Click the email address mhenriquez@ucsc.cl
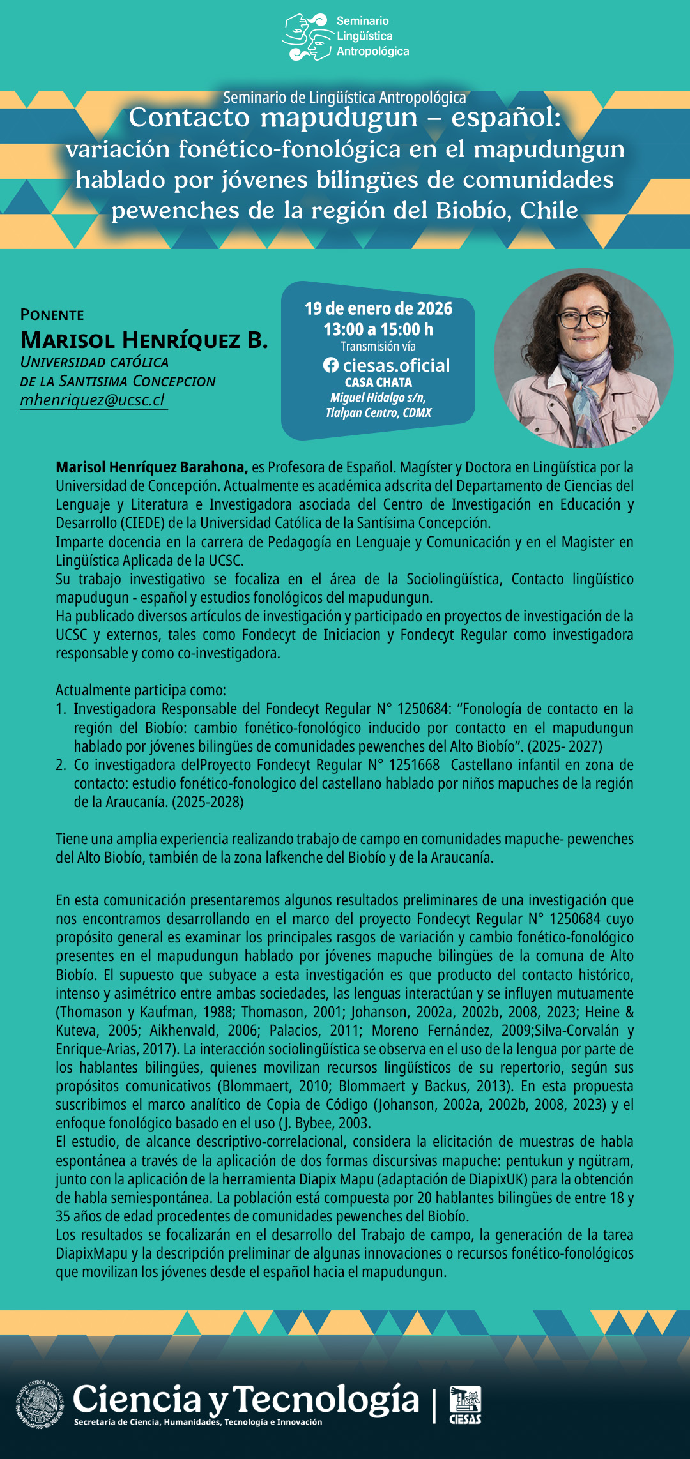coord(93,400)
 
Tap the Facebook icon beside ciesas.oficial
coord(330,365)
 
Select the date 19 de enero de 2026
coord(378,309)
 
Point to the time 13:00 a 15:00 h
coord(378,329)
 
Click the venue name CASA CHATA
coord(378,382)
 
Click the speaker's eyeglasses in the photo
coord(584,317)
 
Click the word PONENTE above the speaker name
coord(52,315)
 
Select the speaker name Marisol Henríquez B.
coord(144,340)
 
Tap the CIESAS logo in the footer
coord(466,1404)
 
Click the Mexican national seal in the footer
coord(40,1403)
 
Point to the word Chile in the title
coord(549,210)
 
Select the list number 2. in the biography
coord(61,765)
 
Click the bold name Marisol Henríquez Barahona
coord(151,467)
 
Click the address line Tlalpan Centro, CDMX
coord(378,413)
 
